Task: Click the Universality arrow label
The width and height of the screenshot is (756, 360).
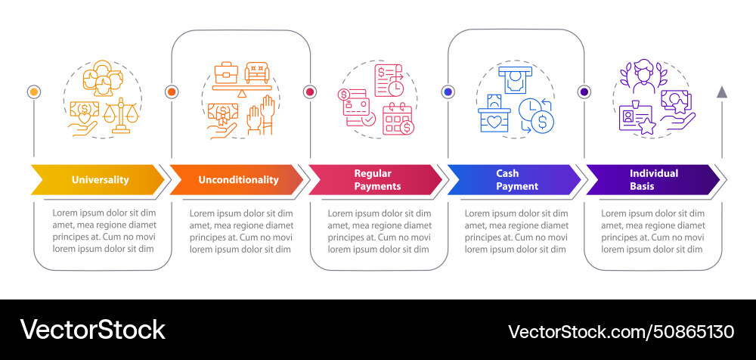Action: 100,180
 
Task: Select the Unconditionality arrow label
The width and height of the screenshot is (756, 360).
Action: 238,180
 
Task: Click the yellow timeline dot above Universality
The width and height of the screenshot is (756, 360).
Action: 33,92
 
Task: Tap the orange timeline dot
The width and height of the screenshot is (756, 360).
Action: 172,92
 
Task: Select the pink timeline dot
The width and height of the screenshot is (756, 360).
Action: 309,92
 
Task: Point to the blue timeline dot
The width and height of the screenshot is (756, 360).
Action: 448,92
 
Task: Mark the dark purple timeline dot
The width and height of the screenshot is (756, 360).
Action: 584,92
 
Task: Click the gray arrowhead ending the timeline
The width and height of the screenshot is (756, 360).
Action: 722,92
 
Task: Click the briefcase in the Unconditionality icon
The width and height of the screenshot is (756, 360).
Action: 225,73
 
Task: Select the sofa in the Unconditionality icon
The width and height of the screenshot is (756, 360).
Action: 257,73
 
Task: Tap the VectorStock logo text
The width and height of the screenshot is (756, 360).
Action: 92,330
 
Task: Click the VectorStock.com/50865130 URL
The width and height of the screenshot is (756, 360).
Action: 621,331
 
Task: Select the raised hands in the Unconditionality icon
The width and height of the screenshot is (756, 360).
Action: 261,116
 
